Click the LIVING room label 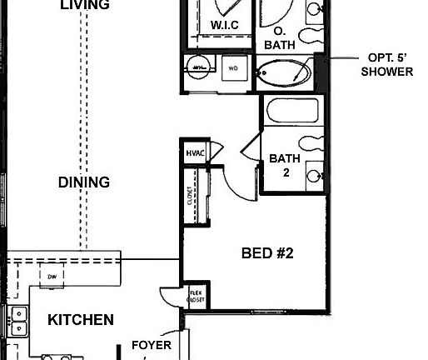click(85, 5)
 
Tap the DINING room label click(84, 182)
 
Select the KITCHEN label click(80, 319)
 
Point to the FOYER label click(152, 345)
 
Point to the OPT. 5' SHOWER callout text click(390, 65)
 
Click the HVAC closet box click(194, 152)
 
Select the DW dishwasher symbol click(52, 276)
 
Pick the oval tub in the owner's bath click(283, 72)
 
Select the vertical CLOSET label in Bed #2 click(191, 195)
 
